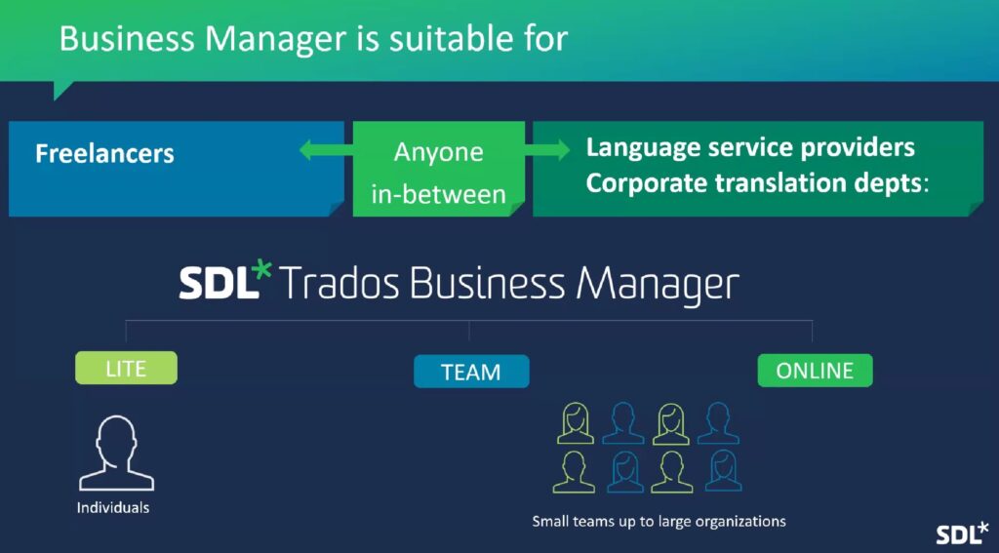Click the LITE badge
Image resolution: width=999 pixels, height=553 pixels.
tap(126, 368)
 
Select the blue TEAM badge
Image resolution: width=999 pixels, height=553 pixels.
tap(471, 372)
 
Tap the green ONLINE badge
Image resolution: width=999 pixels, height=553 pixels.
tap(815, 371)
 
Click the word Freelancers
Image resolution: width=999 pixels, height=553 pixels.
tap(104, 153)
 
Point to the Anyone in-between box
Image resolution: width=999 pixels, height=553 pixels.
tap(438, 169)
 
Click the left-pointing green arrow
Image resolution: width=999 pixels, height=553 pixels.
tap(326, 150)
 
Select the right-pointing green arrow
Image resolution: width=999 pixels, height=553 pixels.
tap(546, 150)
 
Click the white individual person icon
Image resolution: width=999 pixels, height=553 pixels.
tap(117, 453)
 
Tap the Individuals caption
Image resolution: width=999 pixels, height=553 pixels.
tap(113, 508)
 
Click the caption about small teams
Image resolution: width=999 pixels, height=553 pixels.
tap(659, 521)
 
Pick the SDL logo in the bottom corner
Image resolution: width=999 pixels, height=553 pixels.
tap(962, 533)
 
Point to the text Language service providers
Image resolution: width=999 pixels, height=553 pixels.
tap(750, 148)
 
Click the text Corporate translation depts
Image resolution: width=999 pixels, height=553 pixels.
tap(754, 183)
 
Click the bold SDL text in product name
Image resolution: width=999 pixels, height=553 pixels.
tap(220, 283)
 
